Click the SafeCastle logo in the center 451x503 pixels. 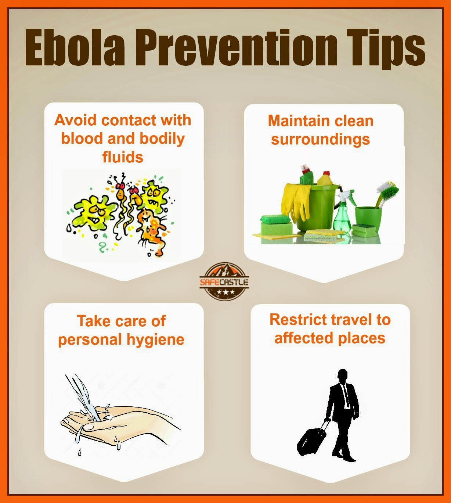click(224, 281)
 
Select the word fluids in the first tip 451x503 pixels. click(122, 157)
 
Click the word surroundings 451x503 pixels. click(320, 140)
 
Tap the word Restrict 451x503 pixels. click(294, 320)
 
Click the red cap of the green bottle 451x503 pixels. click(305, 169)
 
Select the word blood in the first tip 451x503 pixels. click(80, 139)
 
